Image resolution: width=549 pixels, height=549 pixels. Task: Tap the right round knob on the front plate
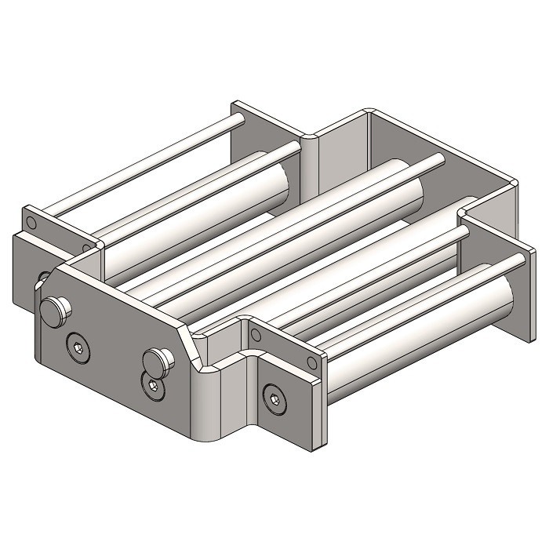pos(158,362)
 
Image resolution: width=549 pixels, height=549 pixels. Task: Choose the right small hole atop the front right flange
pos(314,362)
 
